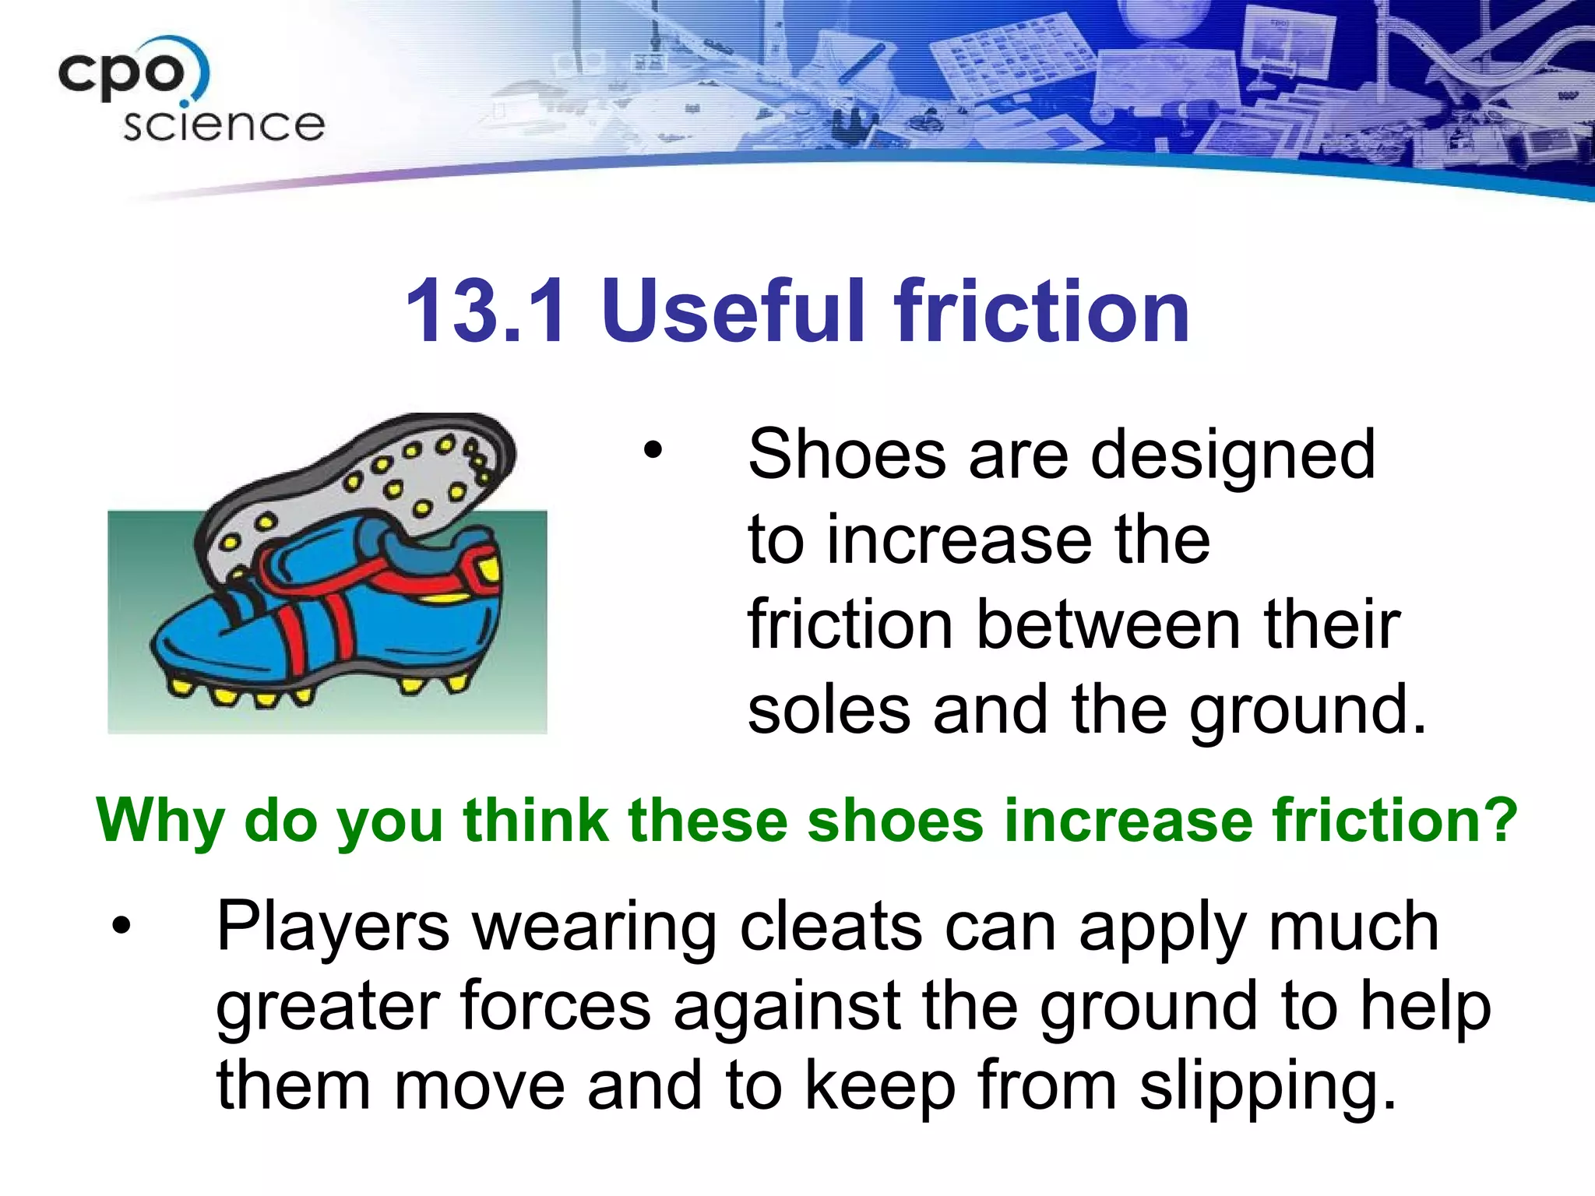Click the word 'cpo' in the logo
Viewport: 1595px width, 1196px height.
pyautogui.click(x=122, y=73)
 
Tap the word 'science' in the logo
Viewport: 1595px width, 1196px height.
pyautogui.click(x=224, y=125)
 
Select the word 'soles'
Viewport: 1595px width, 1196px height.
pyautogui.click(x=829, y=710)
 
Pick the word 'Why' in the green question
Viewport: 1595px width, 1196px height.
pyautogui.click(x=160, y=822)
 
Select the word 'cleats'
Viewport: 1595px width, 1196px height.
pyautogui.click(x=830, y=927)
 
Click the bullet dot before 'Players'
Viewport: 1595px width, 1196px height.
pyautogui.click(x=121, y=926)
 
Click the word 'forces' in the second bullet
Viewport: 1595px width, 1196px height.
pyautogui.click(x=555, y=1007)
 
